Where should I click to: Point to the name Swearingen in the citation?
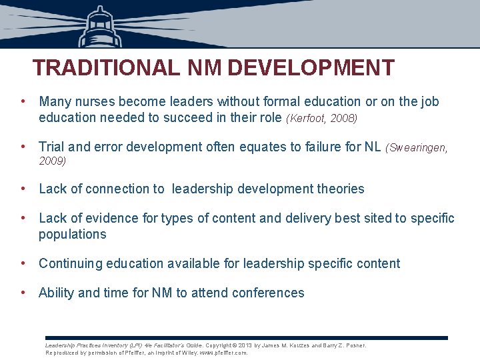418,147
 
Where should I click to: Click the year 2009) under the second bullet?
52,161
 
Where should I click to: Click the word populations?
72,235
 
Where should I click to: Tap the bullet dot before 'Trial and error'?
23,147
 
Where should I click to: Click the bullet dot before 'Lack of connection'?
23,189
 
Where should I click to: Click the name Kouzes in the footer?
296,345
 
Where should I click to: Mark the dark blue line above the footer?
247,338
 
